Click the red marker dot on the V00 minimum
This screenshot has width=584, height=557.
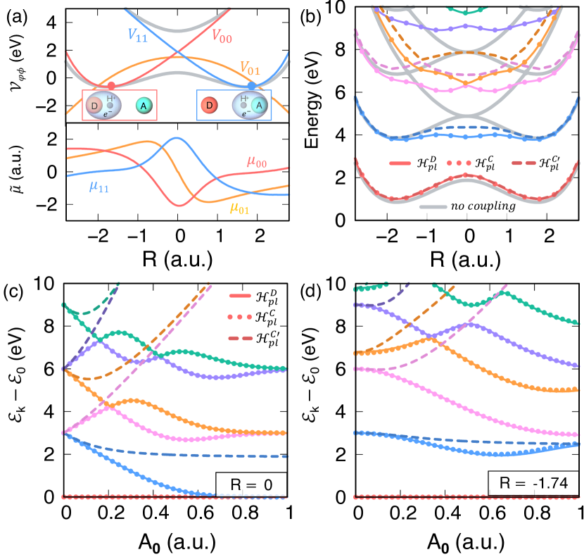(111, 85)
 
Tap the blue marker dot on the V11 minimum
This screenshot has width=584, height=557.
(252, 85)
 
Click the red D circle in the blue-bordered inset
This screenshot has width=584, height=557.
(209, 106)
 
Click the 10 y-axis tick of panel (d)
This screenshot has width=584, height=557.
(337, 284)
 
